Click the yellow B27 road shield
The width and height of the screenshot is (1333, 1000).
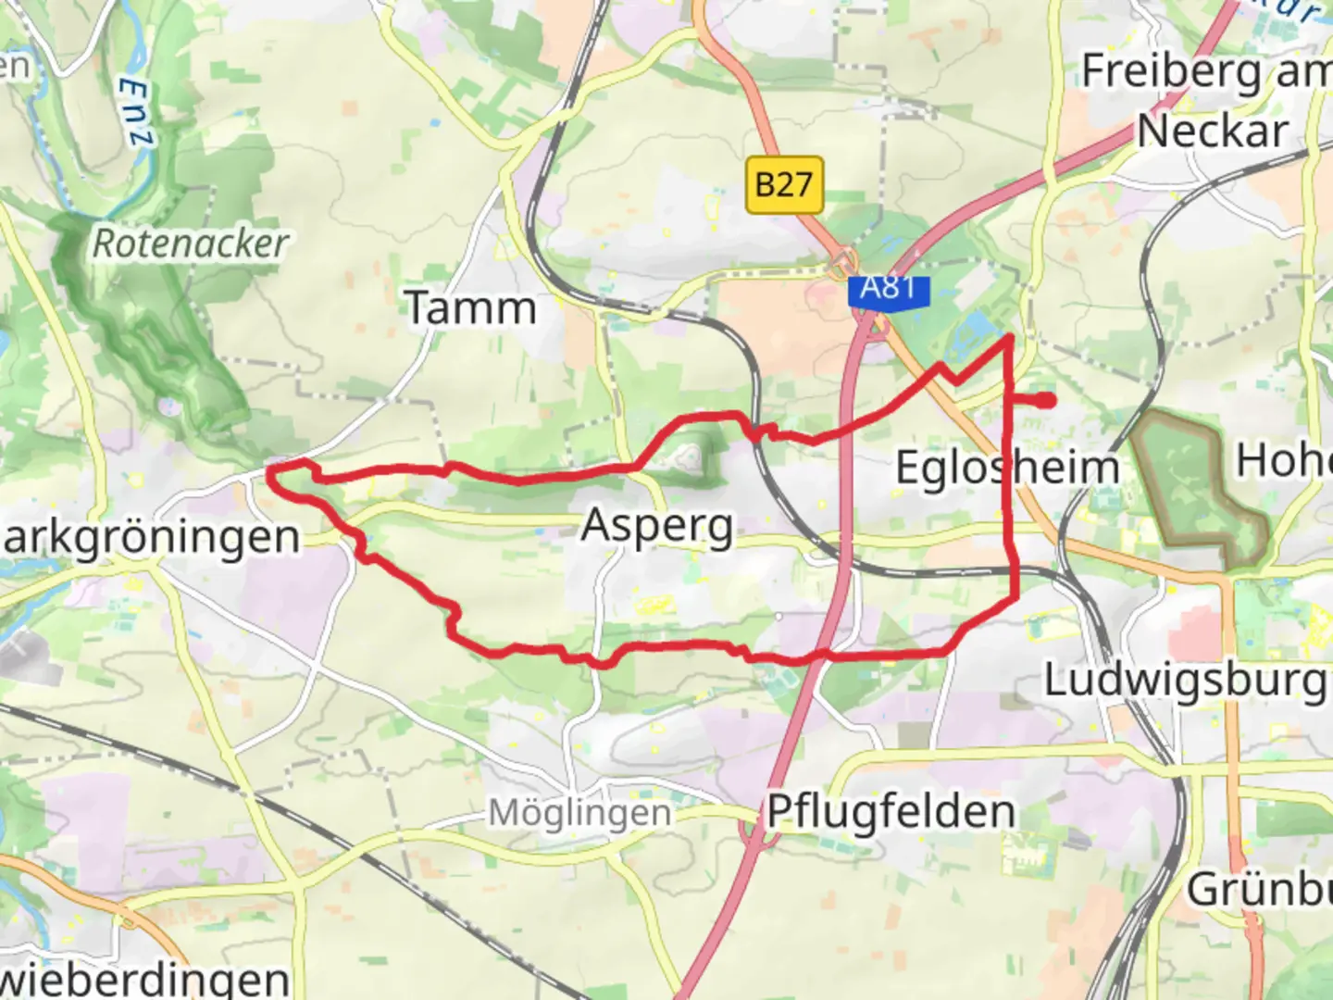pyautogui.click(x=783, y=184)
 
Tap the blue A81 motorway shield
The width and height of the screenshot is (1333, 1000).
pyautogui.click(x=888, y=289)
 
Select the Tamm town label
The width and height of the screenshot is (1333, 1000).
pyautogui.click(x=471, y=308)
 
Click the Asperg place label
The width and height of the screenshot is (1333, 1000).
pyautogui.click(x=657, y=527)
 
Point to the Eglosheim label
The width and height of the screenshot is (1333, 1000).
pyautogui.click(x=1007, y=467)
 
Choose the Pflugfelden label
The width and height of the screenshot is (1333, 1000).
pyautogui.click(x=891, y=812)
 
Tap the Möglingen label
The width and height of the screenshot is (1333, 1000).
pyautogui.click(x=579, y=813)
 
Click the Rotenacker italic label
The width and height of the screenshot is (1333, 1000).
pyautogui.click(x=191, y=244)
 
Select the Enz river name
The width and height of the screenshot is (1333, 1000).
pyautogui.click(x=136, y=112)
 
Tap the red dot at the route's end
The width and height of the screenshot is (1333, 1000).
pyautogui.click(x=1046, y=400)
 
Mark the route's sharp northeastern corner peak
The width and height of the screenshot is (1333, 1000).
pyautogui.click(x=1008, y=339)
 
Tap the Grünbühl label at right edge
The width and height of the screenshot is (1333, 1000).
pyautogui.click(x=1259, y=889)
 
